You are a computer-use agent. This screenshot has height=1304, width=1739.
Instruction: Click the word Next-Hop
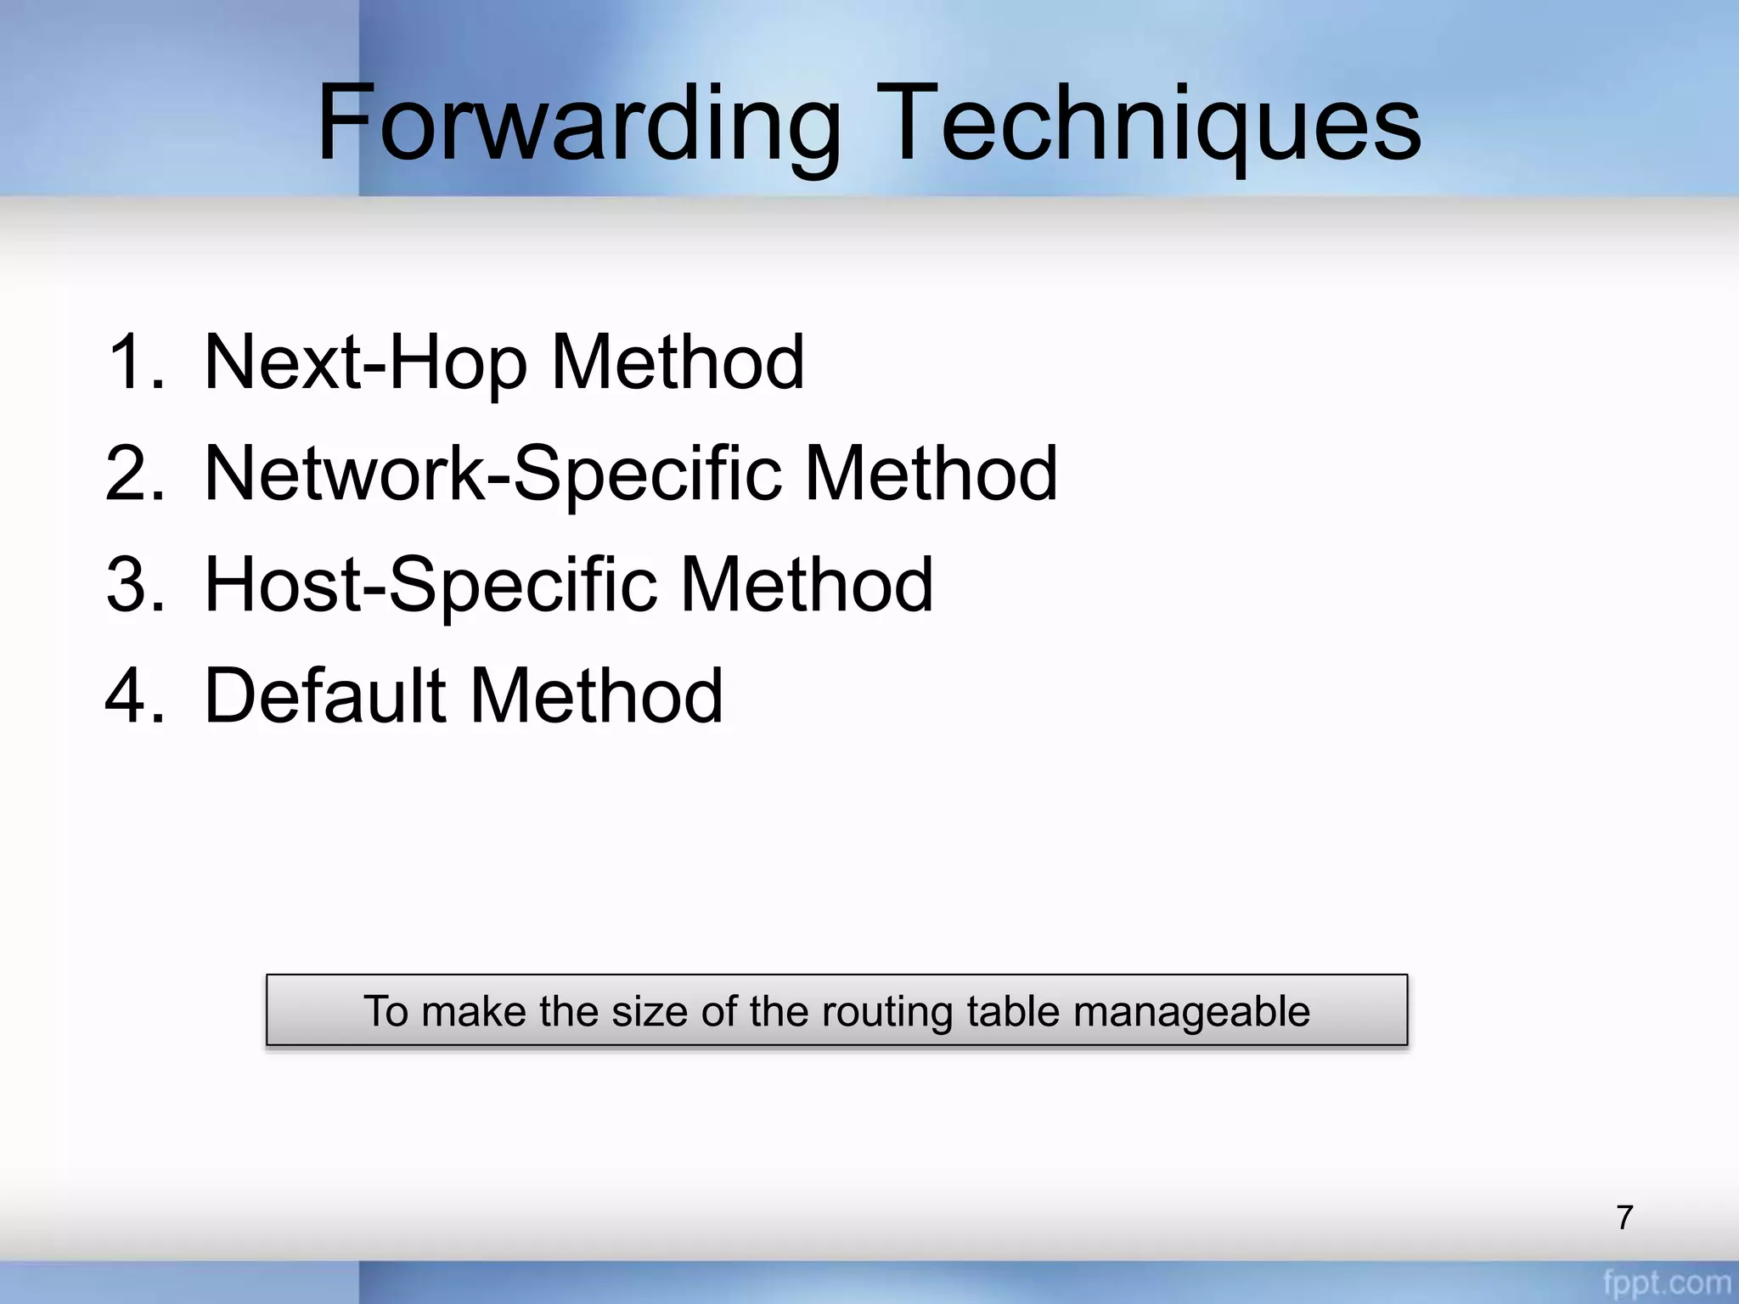[366, 363]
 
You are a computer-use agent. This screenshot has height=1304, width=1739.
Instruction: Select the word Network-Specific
[493, 474]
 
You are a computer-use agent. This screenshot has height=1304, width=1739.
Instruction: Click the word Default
[325, 696]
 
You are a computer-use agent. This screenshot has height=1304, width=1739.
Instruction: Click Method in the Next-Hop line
[678, 363]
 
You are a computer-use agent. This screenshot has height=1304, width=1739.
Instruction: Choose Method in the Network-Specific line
[931, 474]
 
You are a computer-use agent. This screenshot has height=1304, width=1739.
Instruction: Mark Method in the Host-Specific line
[807, 585]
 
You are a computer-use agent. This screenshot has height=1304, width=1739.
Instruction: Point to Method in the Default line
[596, 696]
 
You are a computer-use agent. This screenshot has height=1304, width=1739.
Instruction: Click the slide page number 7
[1624, 1217]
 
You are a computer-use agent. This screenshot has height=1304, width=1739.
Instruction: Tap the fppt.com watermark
[1667, 1282]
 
